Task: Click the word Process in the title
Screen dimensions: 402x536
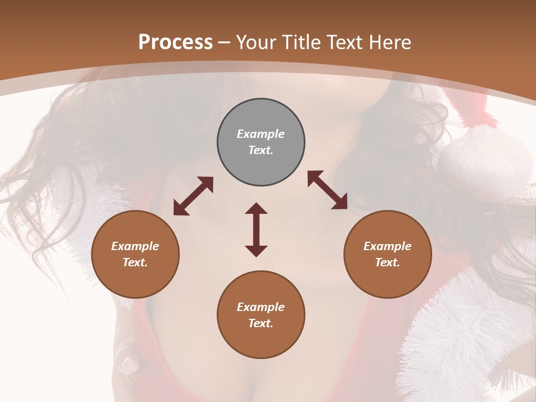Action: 175,42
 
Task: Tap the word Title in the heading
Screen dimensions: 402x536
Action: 301,42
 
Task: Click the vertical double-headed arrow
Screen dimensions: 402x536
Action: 256,229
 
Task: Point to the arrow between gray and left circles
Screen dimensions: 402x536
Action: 193,196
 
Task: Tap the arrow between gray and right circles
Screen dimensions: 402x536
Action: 328,190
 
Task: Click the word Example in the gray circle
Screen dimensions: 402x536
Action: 261,134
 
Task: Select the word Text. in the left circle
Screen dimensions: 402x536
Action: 135,262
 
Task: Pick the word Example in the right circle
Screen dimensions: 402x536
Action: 387,246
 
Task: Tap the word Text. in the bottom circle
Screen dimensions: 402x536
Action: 261,323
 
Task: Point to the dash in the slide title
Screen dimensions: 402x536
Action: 224,42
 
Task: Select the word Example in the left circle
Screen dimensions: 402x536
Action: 135,246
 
